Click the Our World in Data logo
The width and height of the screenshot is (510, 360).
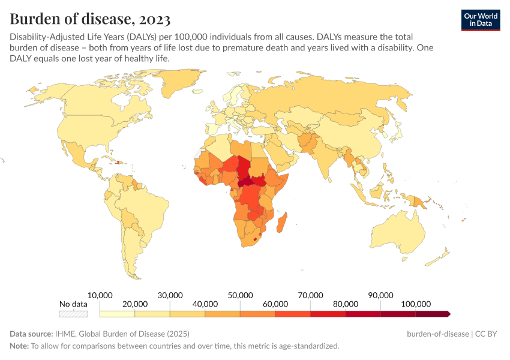480,19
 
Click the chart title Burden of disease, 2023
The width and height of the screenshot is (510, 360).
90,19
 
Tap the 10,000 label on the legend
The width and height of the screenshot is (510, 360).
100,295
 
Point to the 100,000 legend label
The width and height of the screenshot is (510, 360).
415,304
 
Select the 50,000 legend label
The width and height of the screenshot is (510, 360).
240,295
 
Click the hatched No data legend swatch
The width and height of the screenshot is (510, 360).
74,313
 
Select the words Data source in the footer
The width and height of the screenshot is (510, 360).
30,334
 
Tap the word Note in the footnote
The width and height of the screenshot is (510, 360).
19,346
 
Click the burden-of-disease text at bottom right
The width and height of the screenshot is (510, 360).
436,334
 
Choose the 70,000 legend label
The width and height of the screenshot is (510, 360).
310,295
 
